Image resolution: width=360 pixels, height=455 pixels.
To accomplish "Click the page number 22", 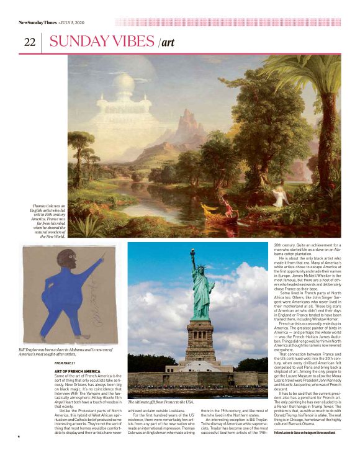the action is [30, 42].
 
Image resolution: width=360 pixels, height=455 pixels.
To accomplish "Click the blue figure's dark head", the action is [49, 261].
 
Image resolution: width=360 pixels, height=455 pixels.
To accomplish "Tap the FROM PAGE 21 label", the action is [65, 363].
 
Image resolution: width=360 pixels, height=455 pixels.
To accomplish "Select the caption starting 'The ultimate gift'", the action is [161, 403].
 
